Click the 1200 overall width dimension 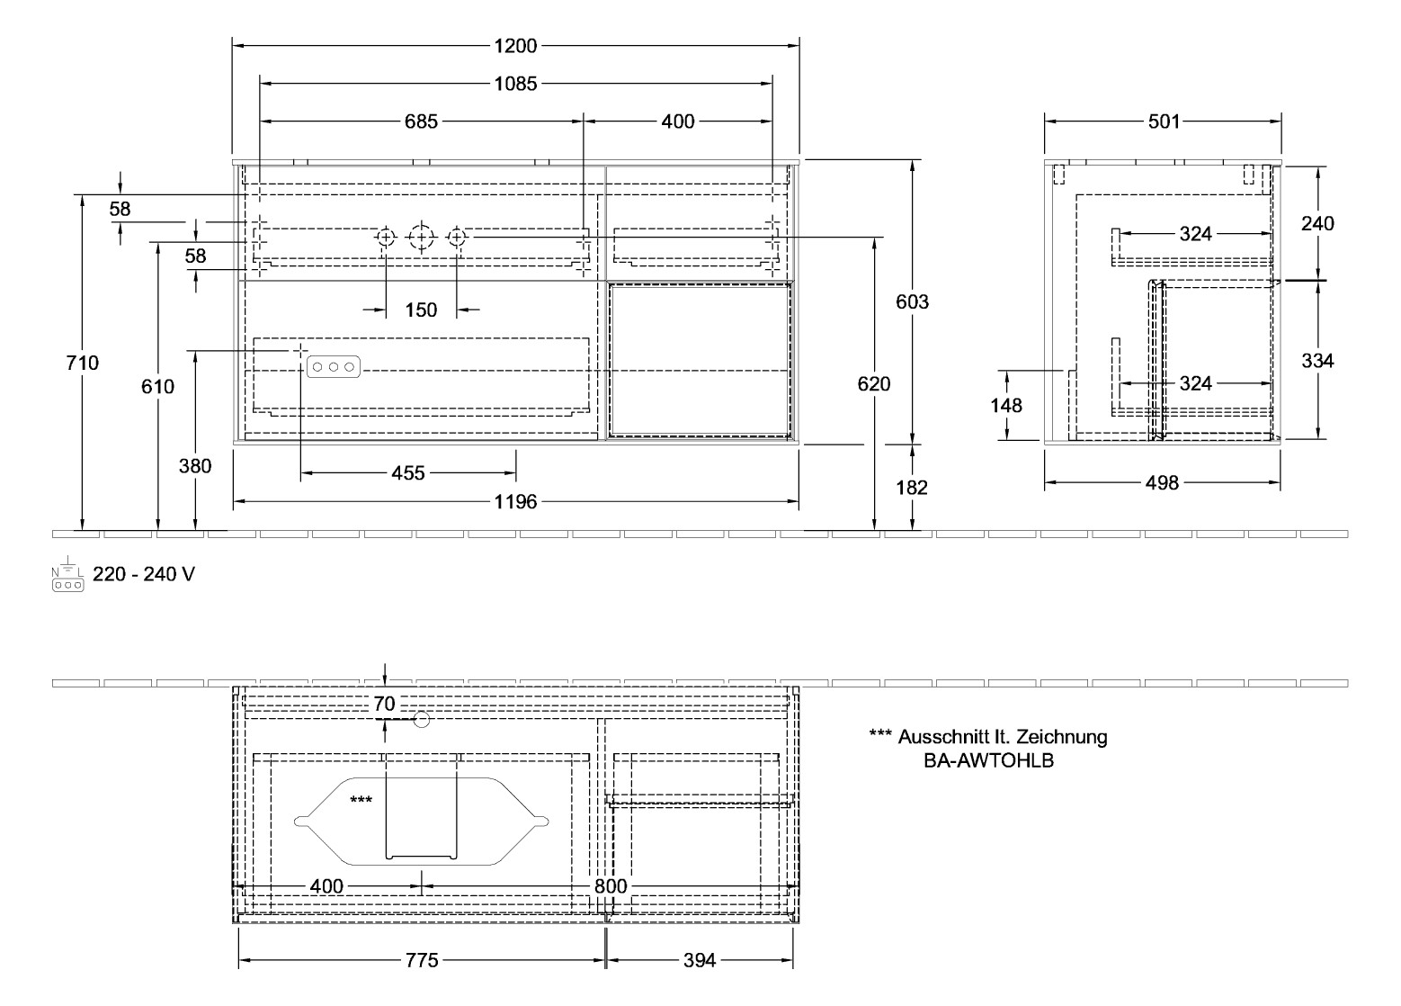coord(515,46)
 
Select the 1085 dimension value coord(515,84)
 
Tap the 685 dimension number coord(420,121)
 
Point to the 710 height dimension coord(83,363)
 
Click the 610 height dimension coord(158,386)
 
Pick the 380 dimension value coord(195,465)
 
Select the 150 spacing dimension coord(421,310)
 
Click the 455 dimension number coord(408,472)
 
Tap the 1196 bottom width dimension coord(515,501)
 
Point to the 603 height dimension coord(912,301)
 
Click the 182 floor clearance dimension coord(912,487)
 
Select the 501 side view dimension coord(1163,121)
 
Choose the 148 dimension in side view coord(1006,405)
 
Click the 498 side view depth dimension coord(1162,483)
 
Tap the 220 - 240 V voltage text coord(144,574)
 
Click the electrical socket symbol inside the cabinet coord(334,366)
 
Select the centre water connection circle coord(421,238)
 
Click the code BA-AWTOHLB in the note coord(988,760)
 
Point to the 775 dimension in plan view coord(421,960)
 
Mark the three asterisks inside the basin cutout coord(361,799)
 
